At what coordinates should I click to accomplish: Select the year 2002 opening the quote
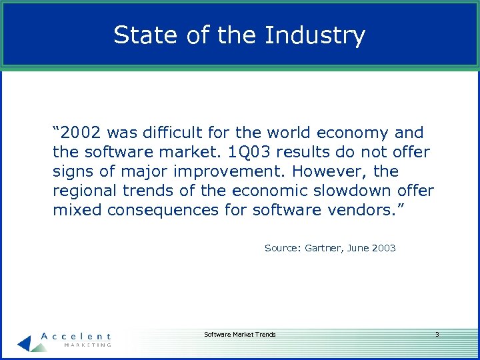pyautogui.click(x=81, y=133)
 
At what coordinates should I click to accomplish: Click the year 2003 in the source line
pyautogui.click(x=384, y=248)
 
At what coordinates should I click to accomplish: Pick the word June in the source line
pyautogui.click(x=358, y=248)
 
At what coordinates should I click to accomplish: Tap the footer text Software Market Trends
pyautogui.click(x=239, y=334)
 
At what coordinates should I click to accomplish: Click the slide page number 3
pyautogui.click(x=437, y=334)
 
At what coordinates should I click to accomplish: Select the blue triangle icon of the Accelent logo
pyautogui.click(x=25, y=343)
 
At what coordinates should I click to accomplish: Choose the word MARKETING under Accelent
pyautogui.click(x=87, y=345)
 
